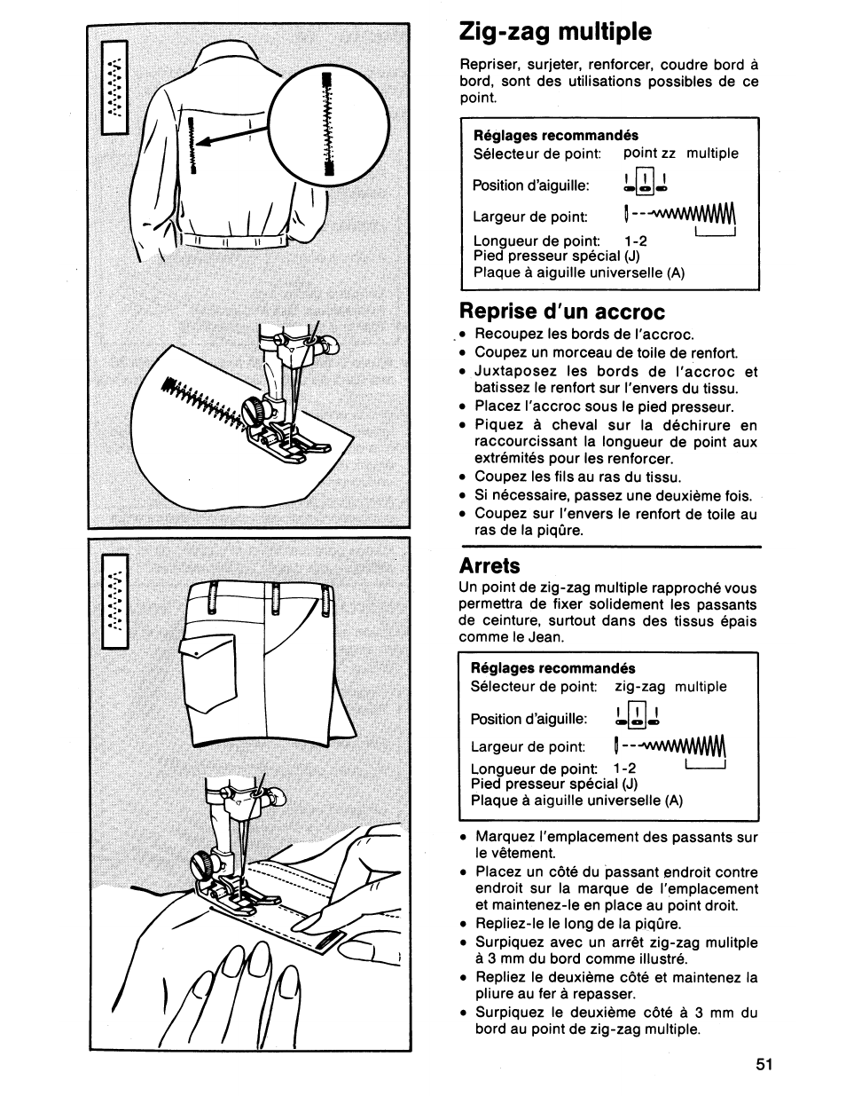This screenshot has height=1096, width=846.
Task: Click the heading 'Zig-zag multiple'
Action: pos(555,32)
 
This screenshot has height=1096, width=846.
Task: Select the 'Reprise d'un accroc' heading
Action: pos(561,311)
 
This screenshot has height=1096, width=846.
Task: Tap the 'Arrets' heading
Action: pos(490,565)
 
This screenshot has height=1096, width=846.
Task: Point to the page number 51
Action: pos(765,1064)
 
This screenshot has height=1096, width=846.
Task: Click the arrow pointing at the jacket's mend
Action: pos(235,136)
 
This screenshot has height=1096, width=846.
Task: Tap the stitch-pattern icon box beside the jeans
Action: pos(115,602)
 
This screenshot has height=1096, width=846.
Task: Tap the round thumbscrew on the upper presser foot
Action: pos(255,410)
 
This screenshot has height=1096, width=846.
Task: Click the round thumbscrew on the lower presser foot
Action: pos(205,862)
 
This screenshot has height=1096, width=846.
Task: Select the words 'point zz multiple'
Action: pos(680,154)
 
